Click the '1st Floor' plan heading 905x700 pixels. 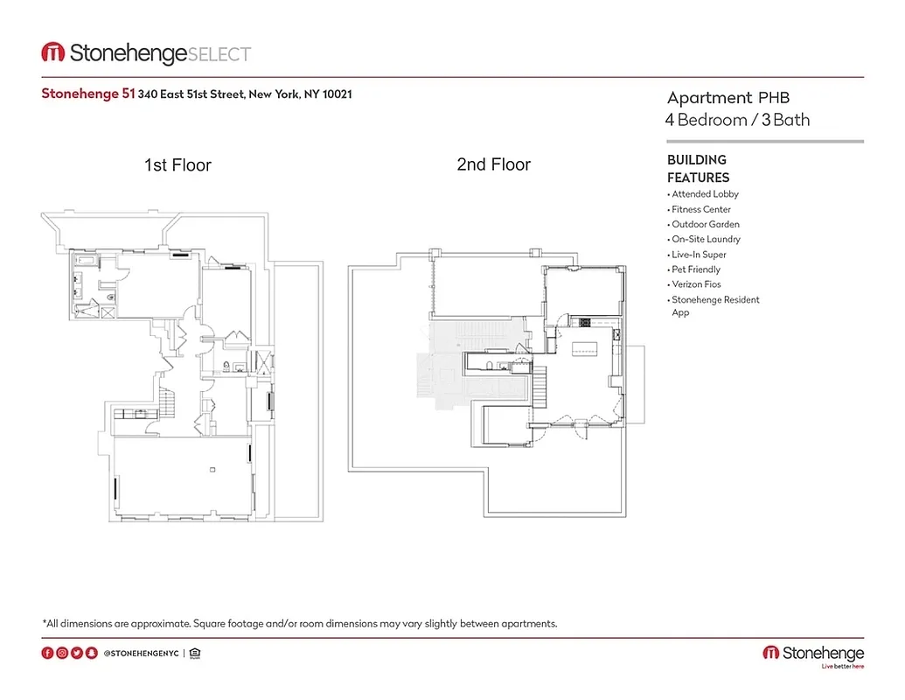(178, 164)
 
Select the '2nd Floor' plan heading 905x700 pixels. (493, 164)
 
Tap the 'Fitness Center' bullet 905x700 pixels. (700, 209)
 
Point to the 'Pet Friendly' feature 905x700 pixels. (696, 269)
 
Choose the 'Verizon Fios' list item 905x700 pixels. (696, 284)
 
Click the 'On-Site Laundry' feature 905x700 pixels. (706, 239)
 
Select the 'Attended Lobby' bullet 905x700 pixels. (705, 194)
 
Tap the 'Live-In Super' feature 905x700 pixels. (699, 255)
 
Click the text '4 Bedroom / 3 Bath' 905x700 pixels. (738, 120)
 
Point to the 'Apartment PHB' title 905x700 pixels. (728, 98)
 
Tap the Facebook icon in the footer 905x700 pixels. (47, 653)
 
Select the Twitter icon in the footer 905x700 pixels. (77, 653)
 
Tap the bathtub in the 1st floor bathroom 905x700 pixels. (87, 260)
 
